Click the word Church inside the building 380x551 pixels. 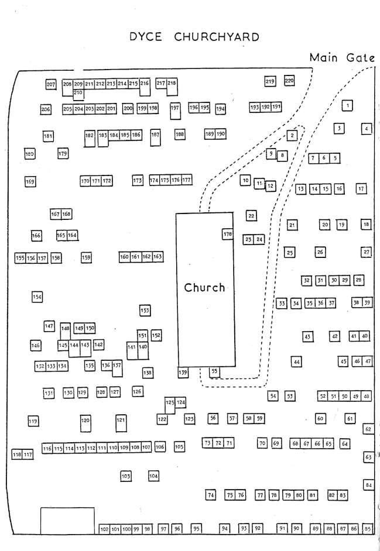[204, 287]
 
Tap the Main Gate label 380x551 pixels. [342, 57]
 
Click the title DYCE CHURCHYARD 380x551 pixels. [196, 37]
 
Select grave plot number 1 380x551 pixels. [348, 105]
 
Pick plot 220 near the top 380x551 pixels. [289, 81]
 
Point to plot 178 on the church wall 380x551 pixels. [227, 235]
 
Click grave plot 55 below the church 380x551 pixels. [215, 371]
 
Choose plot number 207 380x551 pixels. [51, 85]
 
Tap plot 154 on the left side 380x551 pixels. [37, 297]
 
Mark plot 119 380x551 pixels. [33, 421]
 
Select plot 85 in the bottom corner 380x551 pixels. [368, 529]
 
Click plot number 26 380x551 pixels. [320, 252]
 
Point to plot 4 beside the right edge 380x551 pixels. [367, 129]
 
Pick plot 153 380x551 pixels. [145, 310]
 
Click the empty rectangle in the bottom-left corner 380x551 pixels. [67, 520]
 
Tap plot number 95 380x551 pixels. [196, 529]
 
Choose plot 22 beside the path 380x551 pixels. [251, 216]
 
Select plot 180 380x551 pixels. [29, 154]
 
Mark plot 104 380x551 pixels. [153, 476]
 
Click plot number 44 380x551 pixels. [297, 362]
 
